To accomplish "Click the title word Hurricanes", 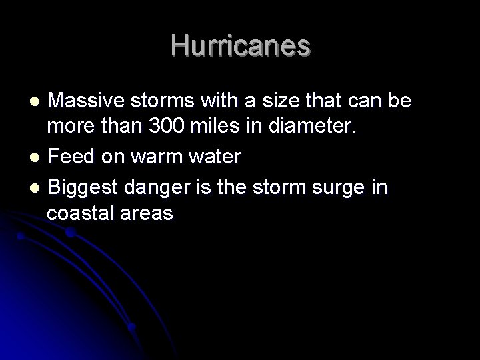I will [240, 46].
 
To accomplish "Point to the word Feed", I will [70, 157].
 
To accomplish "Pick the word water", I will [215, 157].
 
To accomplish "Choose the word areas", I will [149, 213].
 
